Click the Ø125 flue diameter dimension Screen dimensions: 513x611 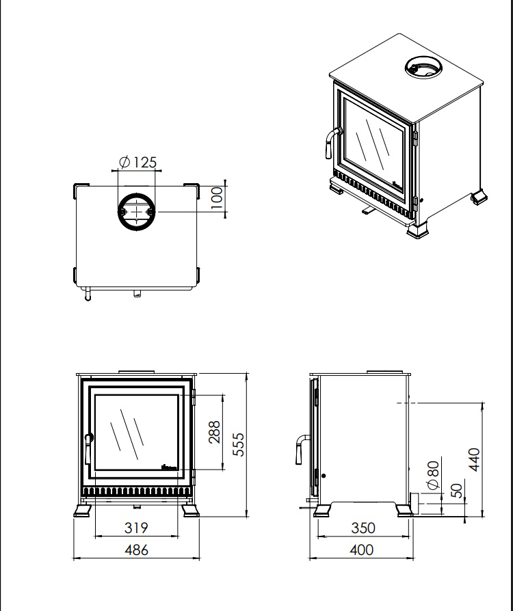[137, 162]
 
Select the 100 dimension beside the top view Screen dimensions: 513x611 [217, 198]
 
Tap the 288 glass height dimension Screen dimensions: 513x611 [214, 432]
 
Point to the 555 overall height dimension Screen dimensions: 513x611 [238, 444]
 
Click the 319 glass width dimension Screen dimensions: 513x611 [136, 528]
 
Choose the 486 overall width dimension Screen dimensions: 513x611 [137, 549]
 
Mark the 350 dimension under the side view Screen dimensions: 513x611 [363, 528]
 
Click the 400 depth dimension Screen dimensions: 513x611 [362, 549]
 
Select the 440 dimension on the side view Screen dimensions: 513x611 [474, 460]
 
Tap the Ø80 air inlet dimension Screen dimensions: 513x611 [433, 475]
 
